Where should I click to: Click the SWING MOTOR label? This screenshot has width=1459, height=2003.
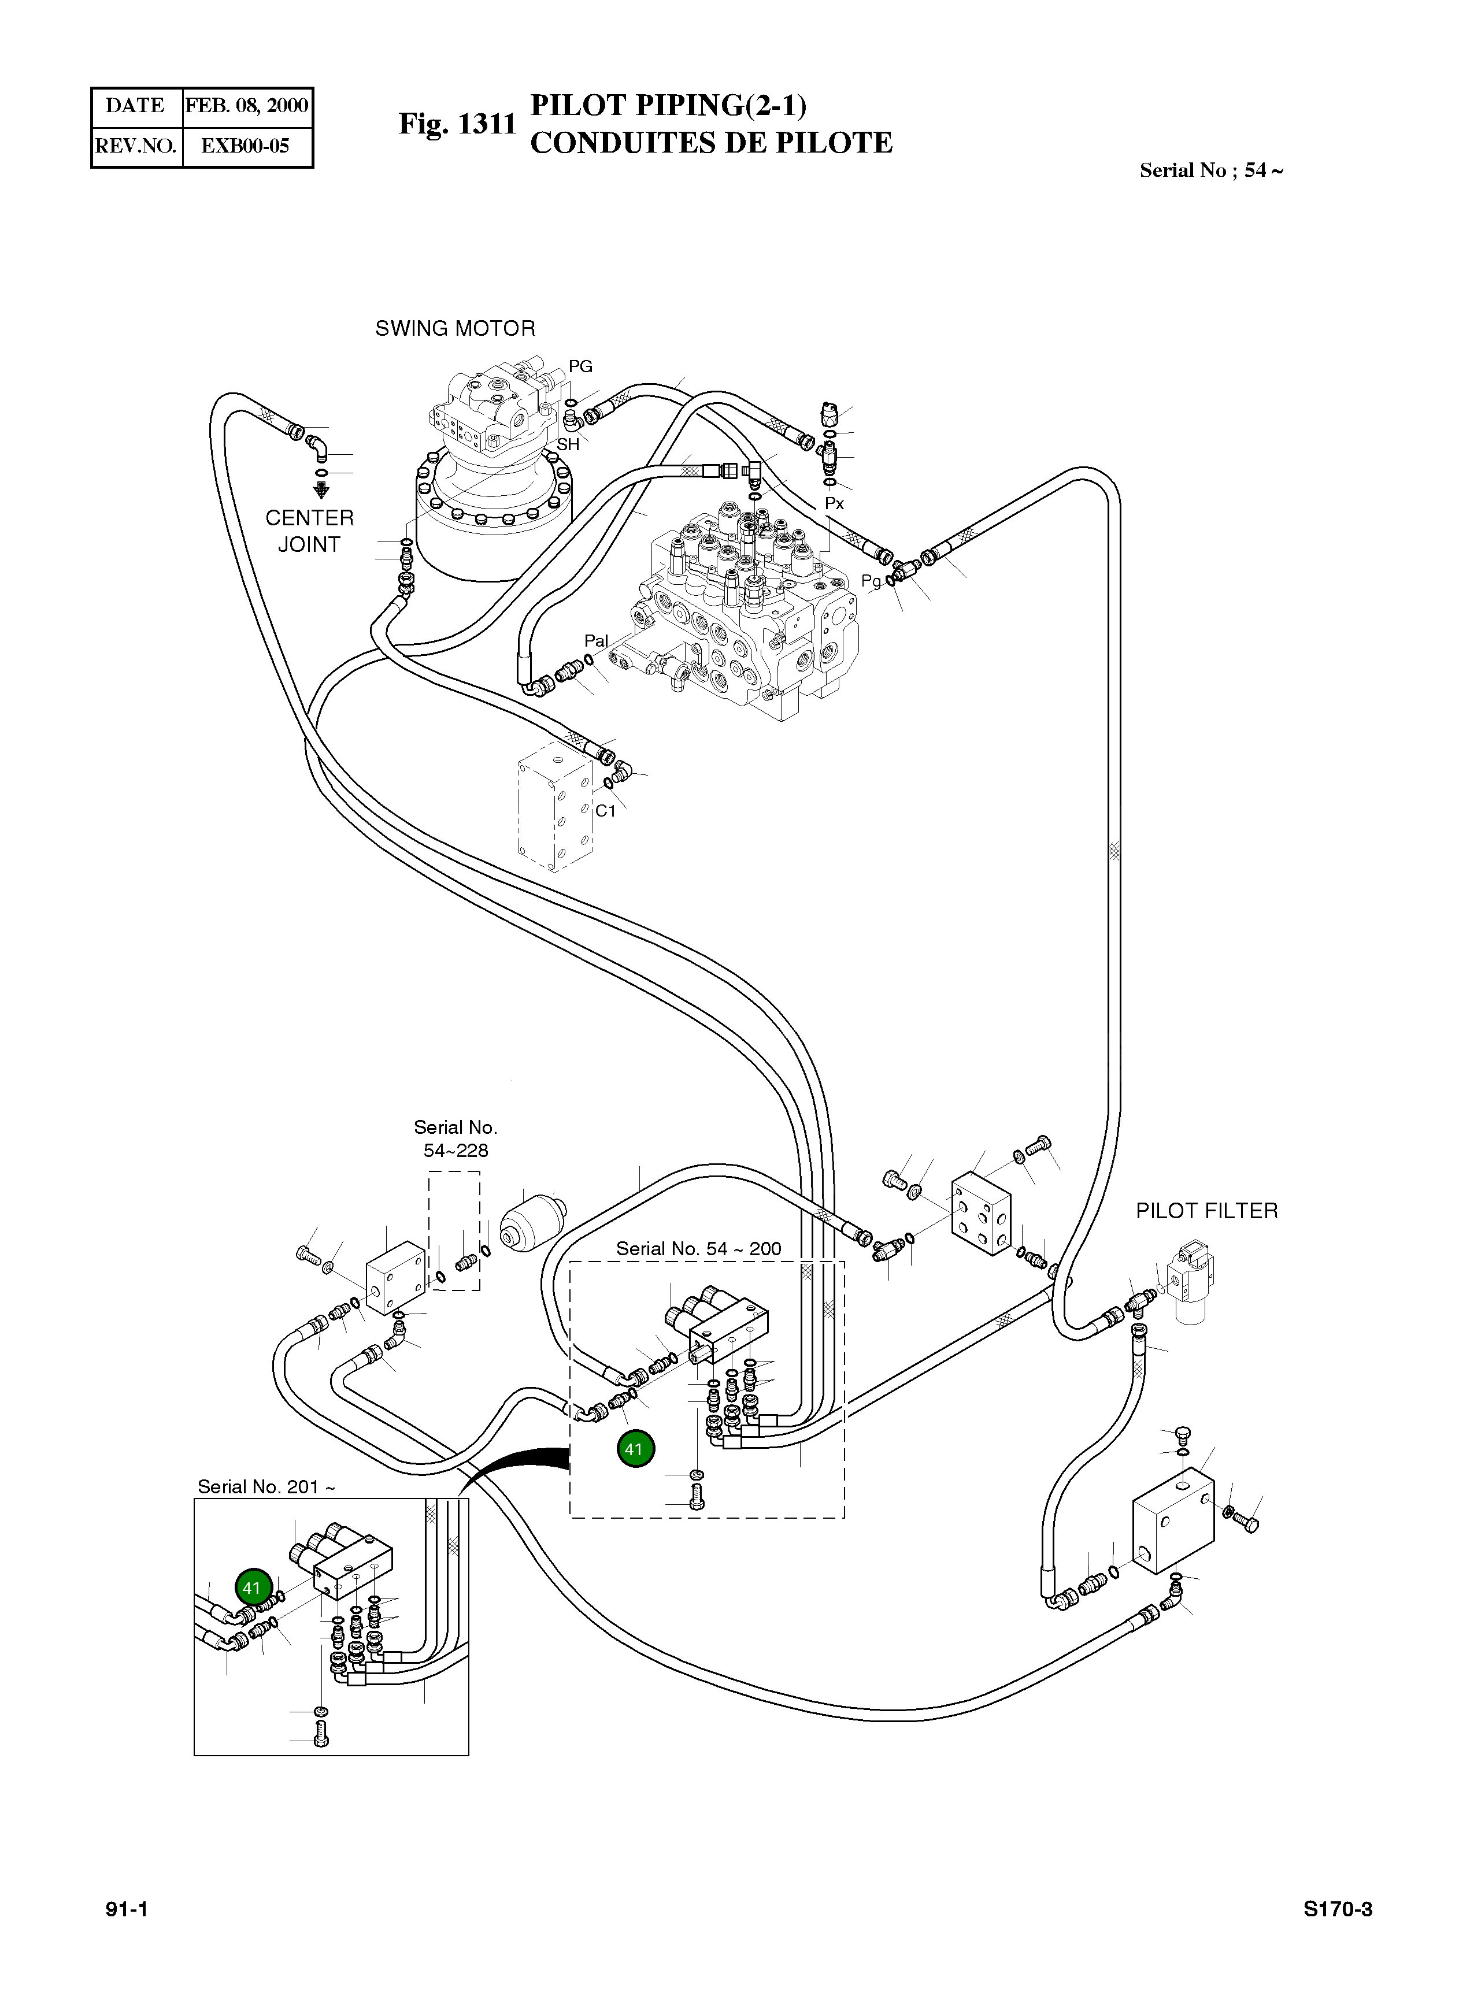[455, 328]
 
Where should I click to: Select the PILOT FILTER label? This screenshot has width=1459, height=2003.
[1206, 1211]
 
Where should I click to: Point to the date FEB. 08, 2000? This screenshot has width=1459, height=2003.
[246, 106]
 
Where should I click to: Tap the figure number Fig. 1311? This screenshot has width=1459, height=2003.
[457, 124]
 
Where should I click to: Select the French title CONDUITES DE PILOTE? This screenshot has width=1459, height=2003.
[711, 143]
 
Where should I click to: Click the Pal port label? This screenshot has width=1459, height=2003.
[596, 640]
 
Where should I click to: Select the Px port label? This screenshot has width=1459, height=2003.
[835, 503]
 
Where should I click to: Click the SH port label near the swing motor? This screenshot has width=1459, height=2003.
[568, 444]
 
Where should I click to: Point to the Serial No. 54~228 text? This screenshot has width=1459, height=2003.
[456, 1138]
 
